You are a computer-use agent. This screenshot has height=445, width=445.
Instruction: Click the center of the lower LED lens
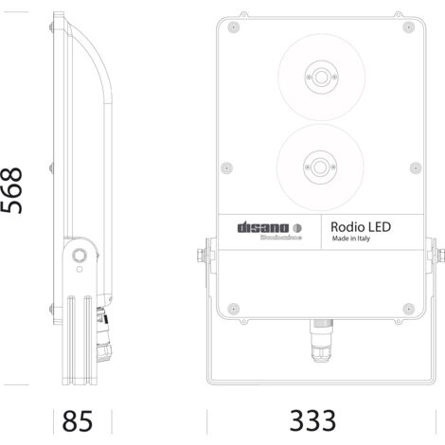click(x=320, y=168)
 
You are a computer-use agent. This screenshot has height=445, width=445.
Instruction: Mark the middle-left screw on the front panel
click(x=226, y=168)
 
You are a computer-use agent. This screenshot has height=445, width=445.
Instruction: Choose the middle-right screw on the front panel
click(x=413, y=168)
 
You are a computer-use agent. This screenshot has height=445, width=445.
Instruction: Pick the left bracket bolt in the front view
click(x=201, y=256)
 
